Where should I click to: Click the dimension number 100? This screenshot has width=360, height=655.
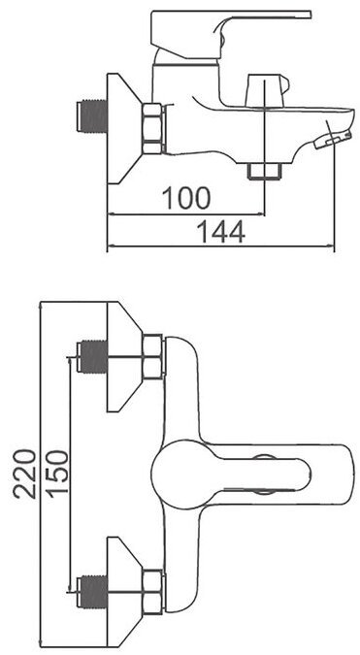pos(186,198)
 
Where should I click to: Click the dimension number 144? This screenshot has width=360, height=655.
pos(220,232)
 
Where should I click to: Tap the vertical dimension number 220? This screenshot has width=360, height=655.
pos(24,474)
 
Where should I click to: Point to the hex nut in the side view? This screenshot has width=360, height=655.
pos(152,128)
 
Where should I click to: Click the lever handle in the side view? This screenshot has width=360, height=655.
pos(231,30)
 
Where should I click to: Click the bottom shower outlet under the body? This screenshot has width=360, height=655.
pos(264,171)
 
